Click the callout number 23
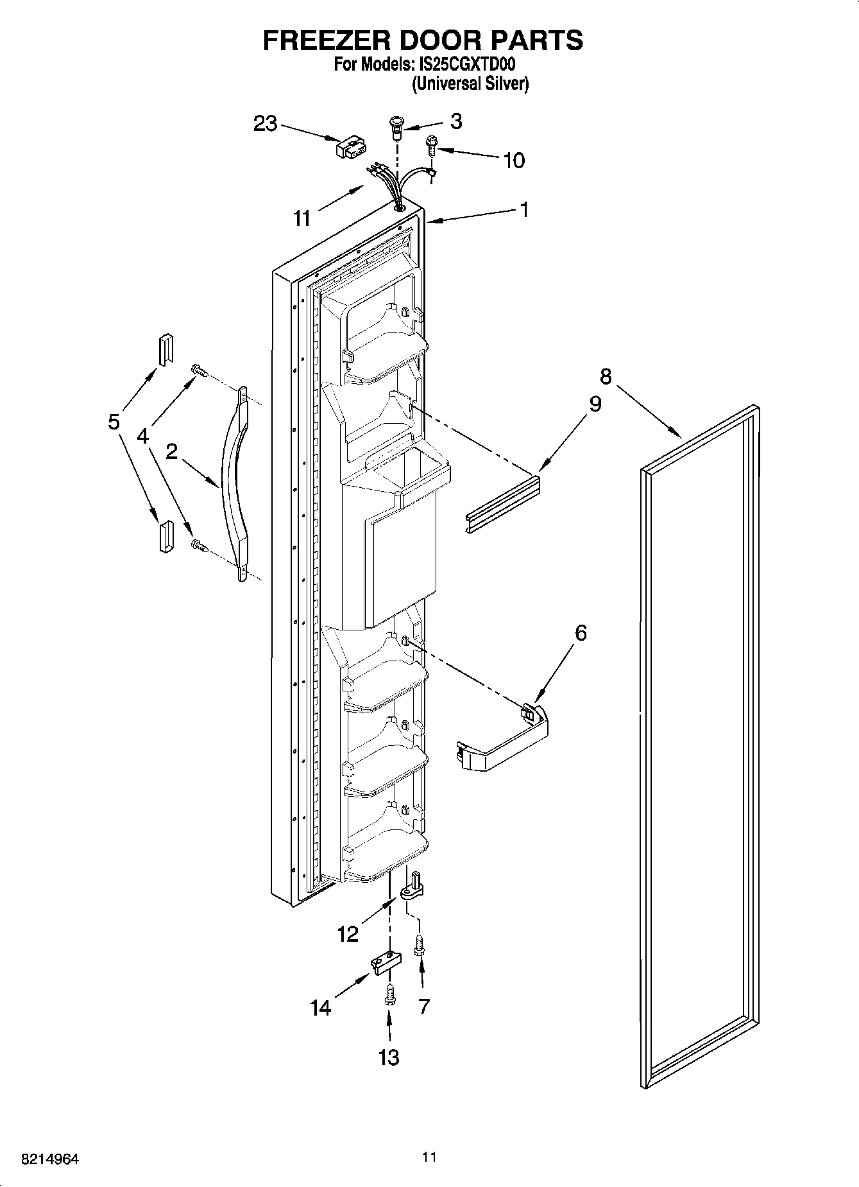[x=265, y=123]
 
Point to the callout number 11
[x=302, y=218]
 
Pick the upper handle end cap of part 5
[x=166, y=349]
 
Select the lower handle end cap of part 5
[x=165, y=536]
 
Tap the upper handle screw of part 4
[x=198, y=370]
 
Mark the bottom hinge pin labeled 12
[x=411, y=885]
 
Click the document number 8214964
[x=50, y=1159]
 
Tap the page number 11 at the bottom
[x=429, y=1157]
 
